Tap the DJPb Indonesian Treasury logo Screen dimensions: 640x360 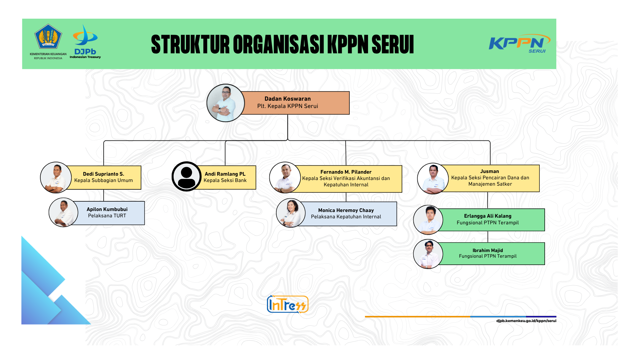click(85, 41)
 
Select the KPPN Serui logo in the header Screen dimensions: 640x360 click(519, 43)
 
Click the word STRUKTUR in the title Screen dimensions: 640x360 click(190, 44)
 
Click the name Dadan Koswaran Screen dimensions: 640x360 click(288, 99)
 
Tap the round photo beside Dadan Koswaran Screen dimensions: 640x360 click(226, 103)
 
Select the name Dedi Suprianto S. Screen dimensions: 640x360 click(103, 174)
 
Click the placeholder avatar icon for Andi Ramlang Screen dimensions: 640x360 click(187, 176)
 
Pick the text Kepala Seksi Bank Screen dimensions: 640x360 click(225, 180)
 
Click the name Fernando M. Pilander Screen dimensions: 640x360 click(346, 172)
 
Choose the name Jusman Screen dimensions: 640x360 click(490, 171)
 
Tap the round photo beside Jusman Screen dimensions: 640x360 click(433, 178)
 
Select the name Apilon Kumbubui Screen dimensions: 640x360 click(107, 209)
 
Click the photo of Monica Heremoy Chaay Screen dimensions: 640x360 click(291, 213)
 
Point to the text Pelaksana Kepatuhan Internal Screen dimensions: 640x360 click(346, 217)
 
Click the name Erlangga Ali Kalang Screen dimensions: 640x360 click(488, 216)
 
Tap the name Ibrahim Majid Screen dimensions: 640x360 click(488, 250)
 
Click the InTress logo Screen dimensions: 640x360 click(288, 304)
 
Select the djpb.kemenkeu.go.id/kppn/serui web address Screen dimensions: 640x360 click(526, 321)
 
